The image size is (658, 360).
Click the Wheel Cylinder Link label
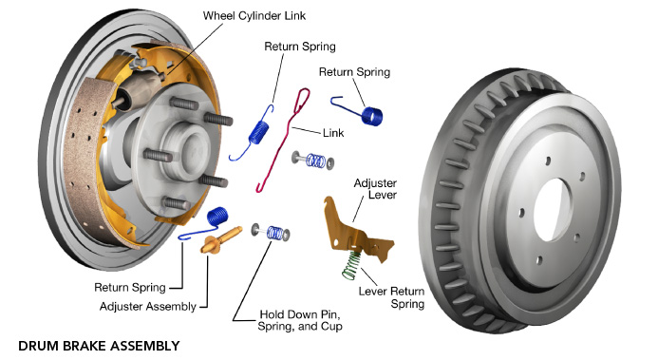point(254,16)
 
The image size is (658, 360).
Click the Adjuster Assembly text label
point(148,307)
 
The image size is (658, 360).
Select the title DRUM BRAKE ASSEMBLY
point(99,346)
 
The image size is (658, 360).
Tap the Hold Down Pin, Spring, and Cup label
point(300,320)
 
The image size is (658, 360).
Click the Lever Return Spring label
point(391,297)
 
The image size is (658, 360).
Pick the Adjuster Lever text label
point(375,189)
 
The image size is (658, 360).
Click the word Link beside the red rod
point(333,133)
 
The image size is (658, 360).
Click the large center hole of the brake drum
point(554,210)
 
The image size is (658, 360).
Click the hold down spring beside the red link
point(313,161)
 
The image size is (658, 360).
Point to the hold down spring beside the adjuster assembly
point(272,233)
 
